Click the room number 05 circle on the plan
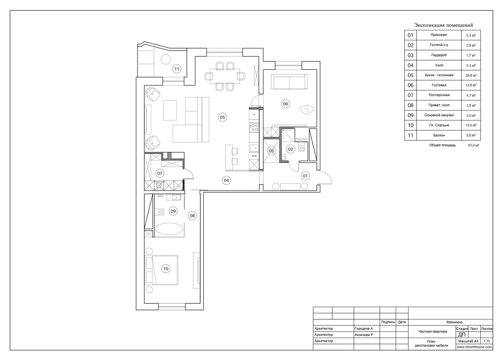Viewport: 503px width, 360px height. pyautogui.click(x=222, y=117)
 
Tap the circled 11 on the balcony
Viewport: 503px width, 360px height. pyautogui.click(x=177, y=69)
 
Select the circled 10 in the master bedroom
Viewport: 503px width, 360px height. pyautogui.click(x=166, y=268)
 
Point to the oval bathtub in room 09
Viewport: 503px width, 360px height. pyautogui.click(x=169, y=229)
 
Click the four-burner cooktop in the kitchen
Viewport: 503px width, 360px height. pyautogui.click(x=254, y=127)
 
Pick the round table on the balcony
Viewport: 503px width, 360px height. pyautogui.click(x=166, y=59)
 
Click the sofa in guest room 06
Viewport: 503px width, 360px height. pyautogui.click(x=289, y=82)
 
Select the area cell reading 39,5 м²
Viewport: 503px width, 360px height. pyautogui.click(x=471, y=76)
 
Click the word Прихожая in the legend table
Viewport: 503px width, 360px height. pyautogui.click(x=439, y=35)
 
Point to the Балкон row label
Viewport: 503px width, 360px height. pyautogui.click(x=439, y=135)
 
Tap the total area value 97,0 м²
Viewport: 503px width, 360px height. pyautogui.click(x=473, y=145)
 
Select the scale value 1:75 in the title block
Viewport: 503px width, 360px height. pyautogui.click(x=487, y=341)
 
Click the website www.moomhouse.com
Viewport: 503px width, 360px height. pyautogui.click(x=474, y=347)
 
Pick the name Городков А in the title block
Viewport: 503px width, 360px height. pyautogui.click(x=363, y=329)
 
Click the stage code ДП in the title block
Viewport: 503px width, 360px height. pyautogui.click(x=462, y=335)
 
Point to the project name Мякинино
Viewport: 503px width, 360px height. pyautogui.click(x=455, y=322)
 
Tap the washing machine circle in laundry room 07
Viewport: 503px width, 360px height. pyautogui.click(x=159, y=185)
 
